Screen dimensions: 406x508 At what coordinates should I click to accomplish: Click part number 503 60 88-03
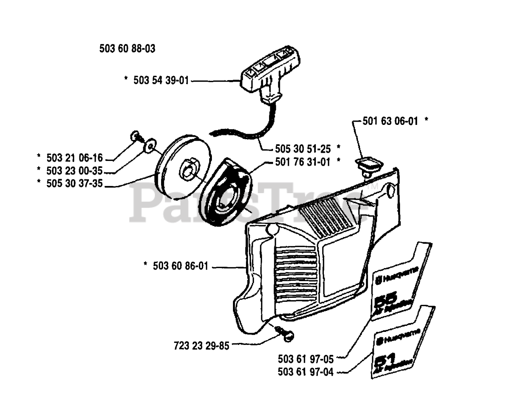[127, 49]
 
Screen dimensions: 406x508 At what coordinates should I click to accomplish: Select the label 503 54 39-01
[161, 80]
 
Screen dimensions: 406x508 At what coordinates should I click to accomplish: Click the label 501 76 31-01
[302, 162]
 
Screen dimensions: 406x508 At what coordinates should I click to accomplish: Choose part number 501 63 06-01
[390, 121]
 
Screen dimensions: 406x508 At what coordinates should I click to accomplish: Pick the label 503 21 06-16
[75, 158]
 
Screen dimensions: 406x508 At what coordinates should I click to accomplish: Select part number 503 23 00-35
[75, 171]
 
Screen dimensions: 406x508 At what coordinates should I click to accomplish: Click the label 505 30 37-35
[75, 184]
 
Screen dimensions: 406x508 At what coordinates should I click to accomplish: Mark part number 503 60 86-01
[180, 266]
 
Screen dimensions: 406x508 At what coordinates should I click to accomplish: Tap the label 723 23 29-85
[201, 346]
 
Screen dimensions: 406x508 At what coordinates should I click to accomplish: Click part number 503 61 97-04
[306, 372]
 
